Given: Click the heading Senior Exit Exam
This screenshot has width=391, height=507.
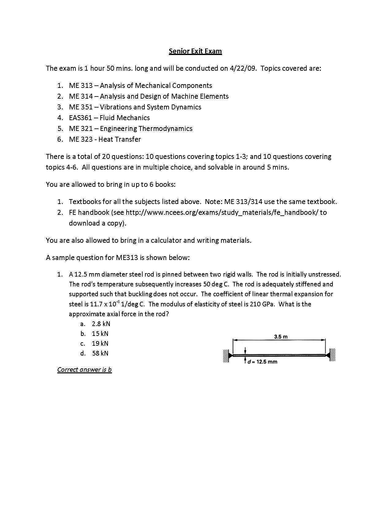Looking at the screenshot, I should point(195,51).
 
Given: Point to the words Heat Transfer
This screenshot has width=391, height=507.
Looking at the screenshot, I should point(120,139).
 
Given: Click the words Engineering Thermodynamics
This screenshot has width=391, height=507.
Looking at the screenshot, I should point(146,128).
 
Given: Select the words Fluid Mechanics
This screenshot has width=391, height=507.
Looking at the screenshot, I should point(125,118).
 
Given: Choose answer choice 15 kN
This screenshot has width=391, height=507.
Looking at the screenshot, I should point(100,333).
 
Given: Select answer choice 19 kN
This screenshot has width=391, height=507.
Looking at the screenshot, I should point(100,343).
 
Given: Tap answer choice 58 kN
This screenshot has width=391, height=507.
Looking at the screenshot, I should point(100,353).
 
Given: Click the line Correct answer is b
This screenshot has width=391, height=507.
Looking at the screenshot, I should point(84,369).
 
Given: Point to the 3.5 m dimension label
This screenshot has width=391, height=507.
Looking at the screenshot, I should point(281,337).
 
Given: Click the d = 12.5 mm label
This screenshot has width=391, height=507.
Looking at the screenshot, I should point(263,362).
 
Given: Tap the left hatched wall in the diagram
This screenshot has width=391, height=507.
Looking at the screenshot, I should point(226,355).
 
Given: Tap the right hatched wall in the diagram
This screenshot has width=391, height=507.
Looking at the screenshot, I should point(332,355).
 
